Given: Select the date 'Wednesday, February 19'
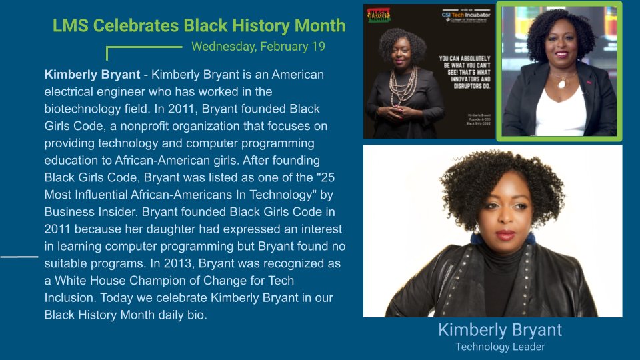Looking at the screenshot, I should (258, 47).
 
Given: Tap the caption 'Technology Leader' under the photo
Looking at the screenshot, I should (500, 347).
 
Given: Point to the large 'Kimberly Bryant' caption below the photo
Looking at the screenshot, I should (500, 330).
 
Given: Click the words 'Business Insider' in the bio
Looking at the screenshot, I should (87, 212).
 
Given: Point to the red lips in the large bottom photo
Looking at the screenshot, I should (505, 235).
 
